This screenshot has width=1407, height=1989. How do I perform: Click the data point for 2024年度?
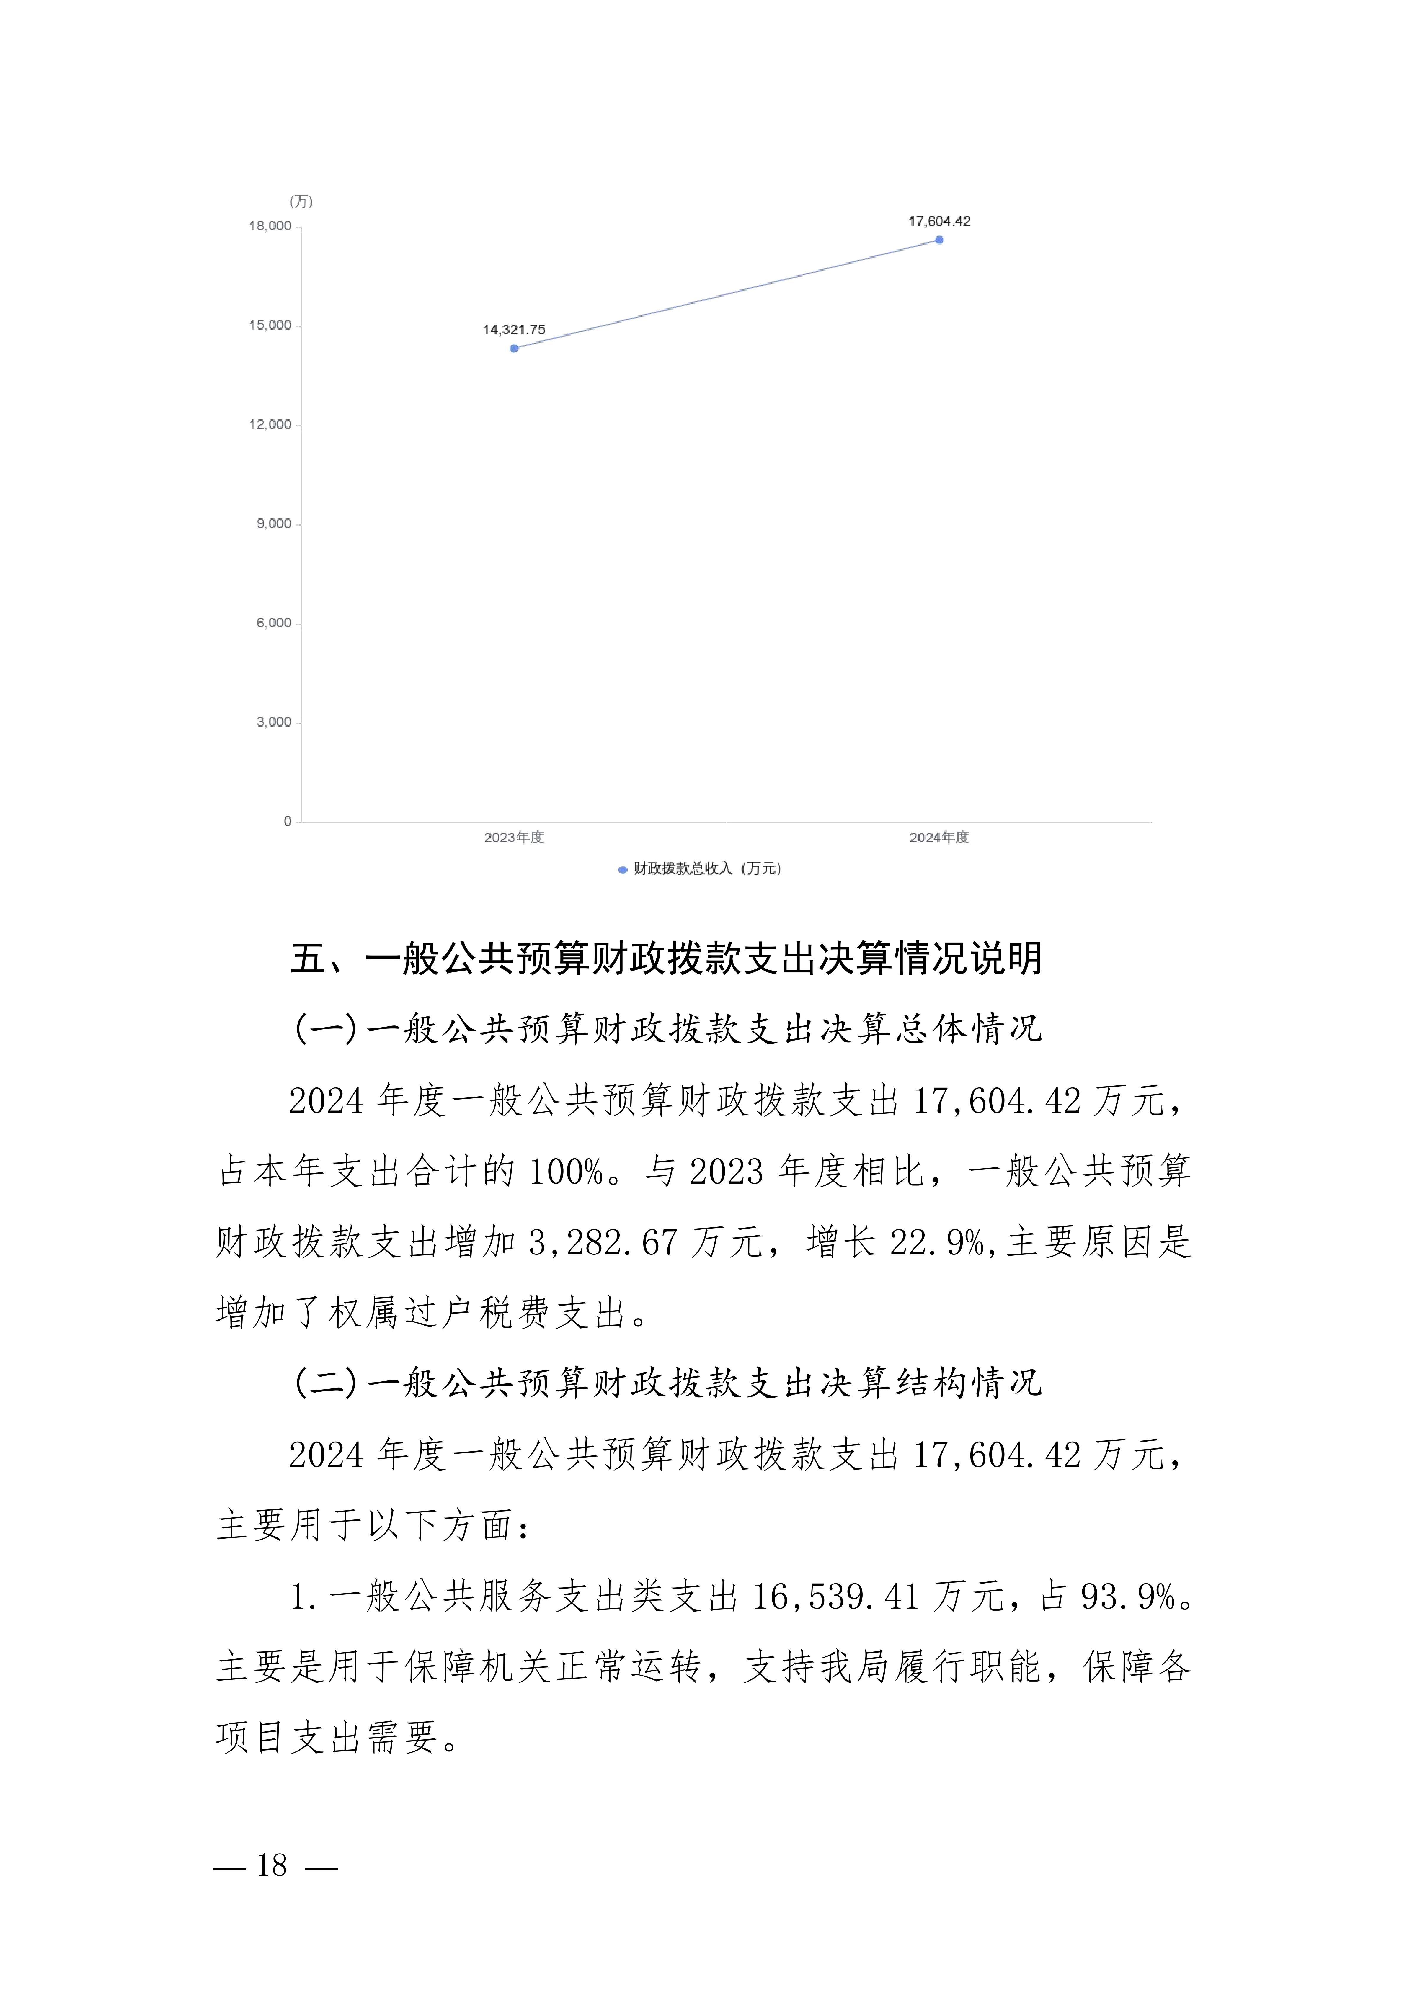(x=939, y=240)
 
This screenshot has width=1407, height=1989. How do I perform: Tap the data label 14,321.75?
(x=514, y=330)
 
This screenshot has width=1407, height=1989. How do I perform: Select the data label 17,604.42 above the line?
(x=939, y=222)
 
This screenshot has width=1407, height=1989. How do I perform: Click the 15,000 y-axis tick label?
(x=270, y=326)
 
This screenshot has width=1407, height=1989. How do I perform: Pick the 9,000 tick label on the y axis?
(x=274, y=524)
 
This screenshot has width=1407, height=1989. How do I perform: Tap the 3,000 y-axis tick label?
(x=274, y=722)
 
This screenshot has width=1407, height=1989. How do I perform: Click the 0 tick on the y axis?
(x=288, y=821)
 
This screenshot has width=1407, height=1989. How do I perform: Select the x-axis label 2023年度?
(x=514, y=838)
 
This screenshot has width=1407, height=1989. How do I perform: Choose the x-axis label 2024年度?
(x=939, y=838)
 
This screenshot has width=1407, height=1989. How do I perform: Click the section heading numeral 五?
(x=308, y=959)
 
